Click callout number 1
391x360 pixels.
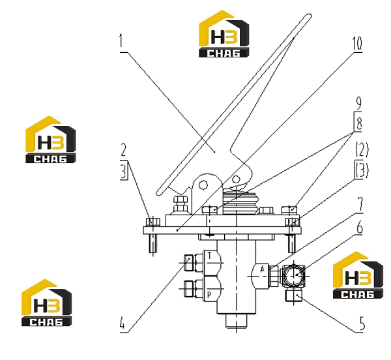tap(121, 40)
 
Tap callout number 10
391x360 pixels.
tap(357, 43)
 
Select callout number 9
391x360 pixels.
tap(358, 103)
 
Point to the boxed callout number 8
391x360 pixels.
tap(358, 123)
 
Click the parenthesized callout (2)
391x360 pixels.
tap(362, 149)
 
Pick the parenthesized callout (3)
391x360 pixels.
tap(362, 170)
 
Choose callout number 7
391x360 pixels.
tap(360, 205)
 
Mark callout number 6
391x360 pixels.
tap(359, 227)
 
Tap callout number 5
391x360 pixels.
tap(362, 323)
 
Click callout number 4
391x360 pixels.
tap(122, 324)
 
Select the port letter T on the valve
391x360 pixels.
tap(209, 256)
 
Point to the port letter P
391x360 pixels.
tap(209, 295)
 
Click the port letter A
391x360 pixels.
tap(263, 269)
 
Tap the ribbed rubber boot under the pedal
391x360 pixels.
tap(241, 202)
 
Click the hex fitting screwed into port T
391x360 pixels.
tap(194, 263)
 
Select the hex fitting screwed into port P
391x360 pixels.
tap(194, 289)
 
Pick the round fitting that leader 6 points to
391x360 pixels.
tap(293, 276)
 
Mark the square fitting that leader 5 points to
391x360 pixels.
tap(294, 294)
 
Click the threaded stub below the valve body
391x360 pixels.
tap(236, 320)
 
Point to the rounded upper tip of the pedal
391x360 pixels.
tap(309, 16)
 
